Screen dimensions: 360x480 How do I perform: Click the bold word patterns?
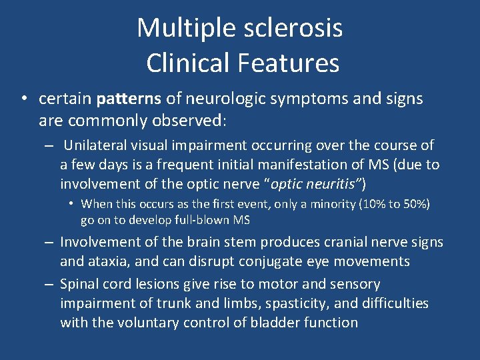click(x=129, y=99)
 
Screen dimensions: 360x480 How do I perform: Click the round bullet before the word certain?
click(x=23, y=99)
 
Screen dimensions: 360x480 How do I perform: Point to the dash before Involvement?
click(x=49, y=243)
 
